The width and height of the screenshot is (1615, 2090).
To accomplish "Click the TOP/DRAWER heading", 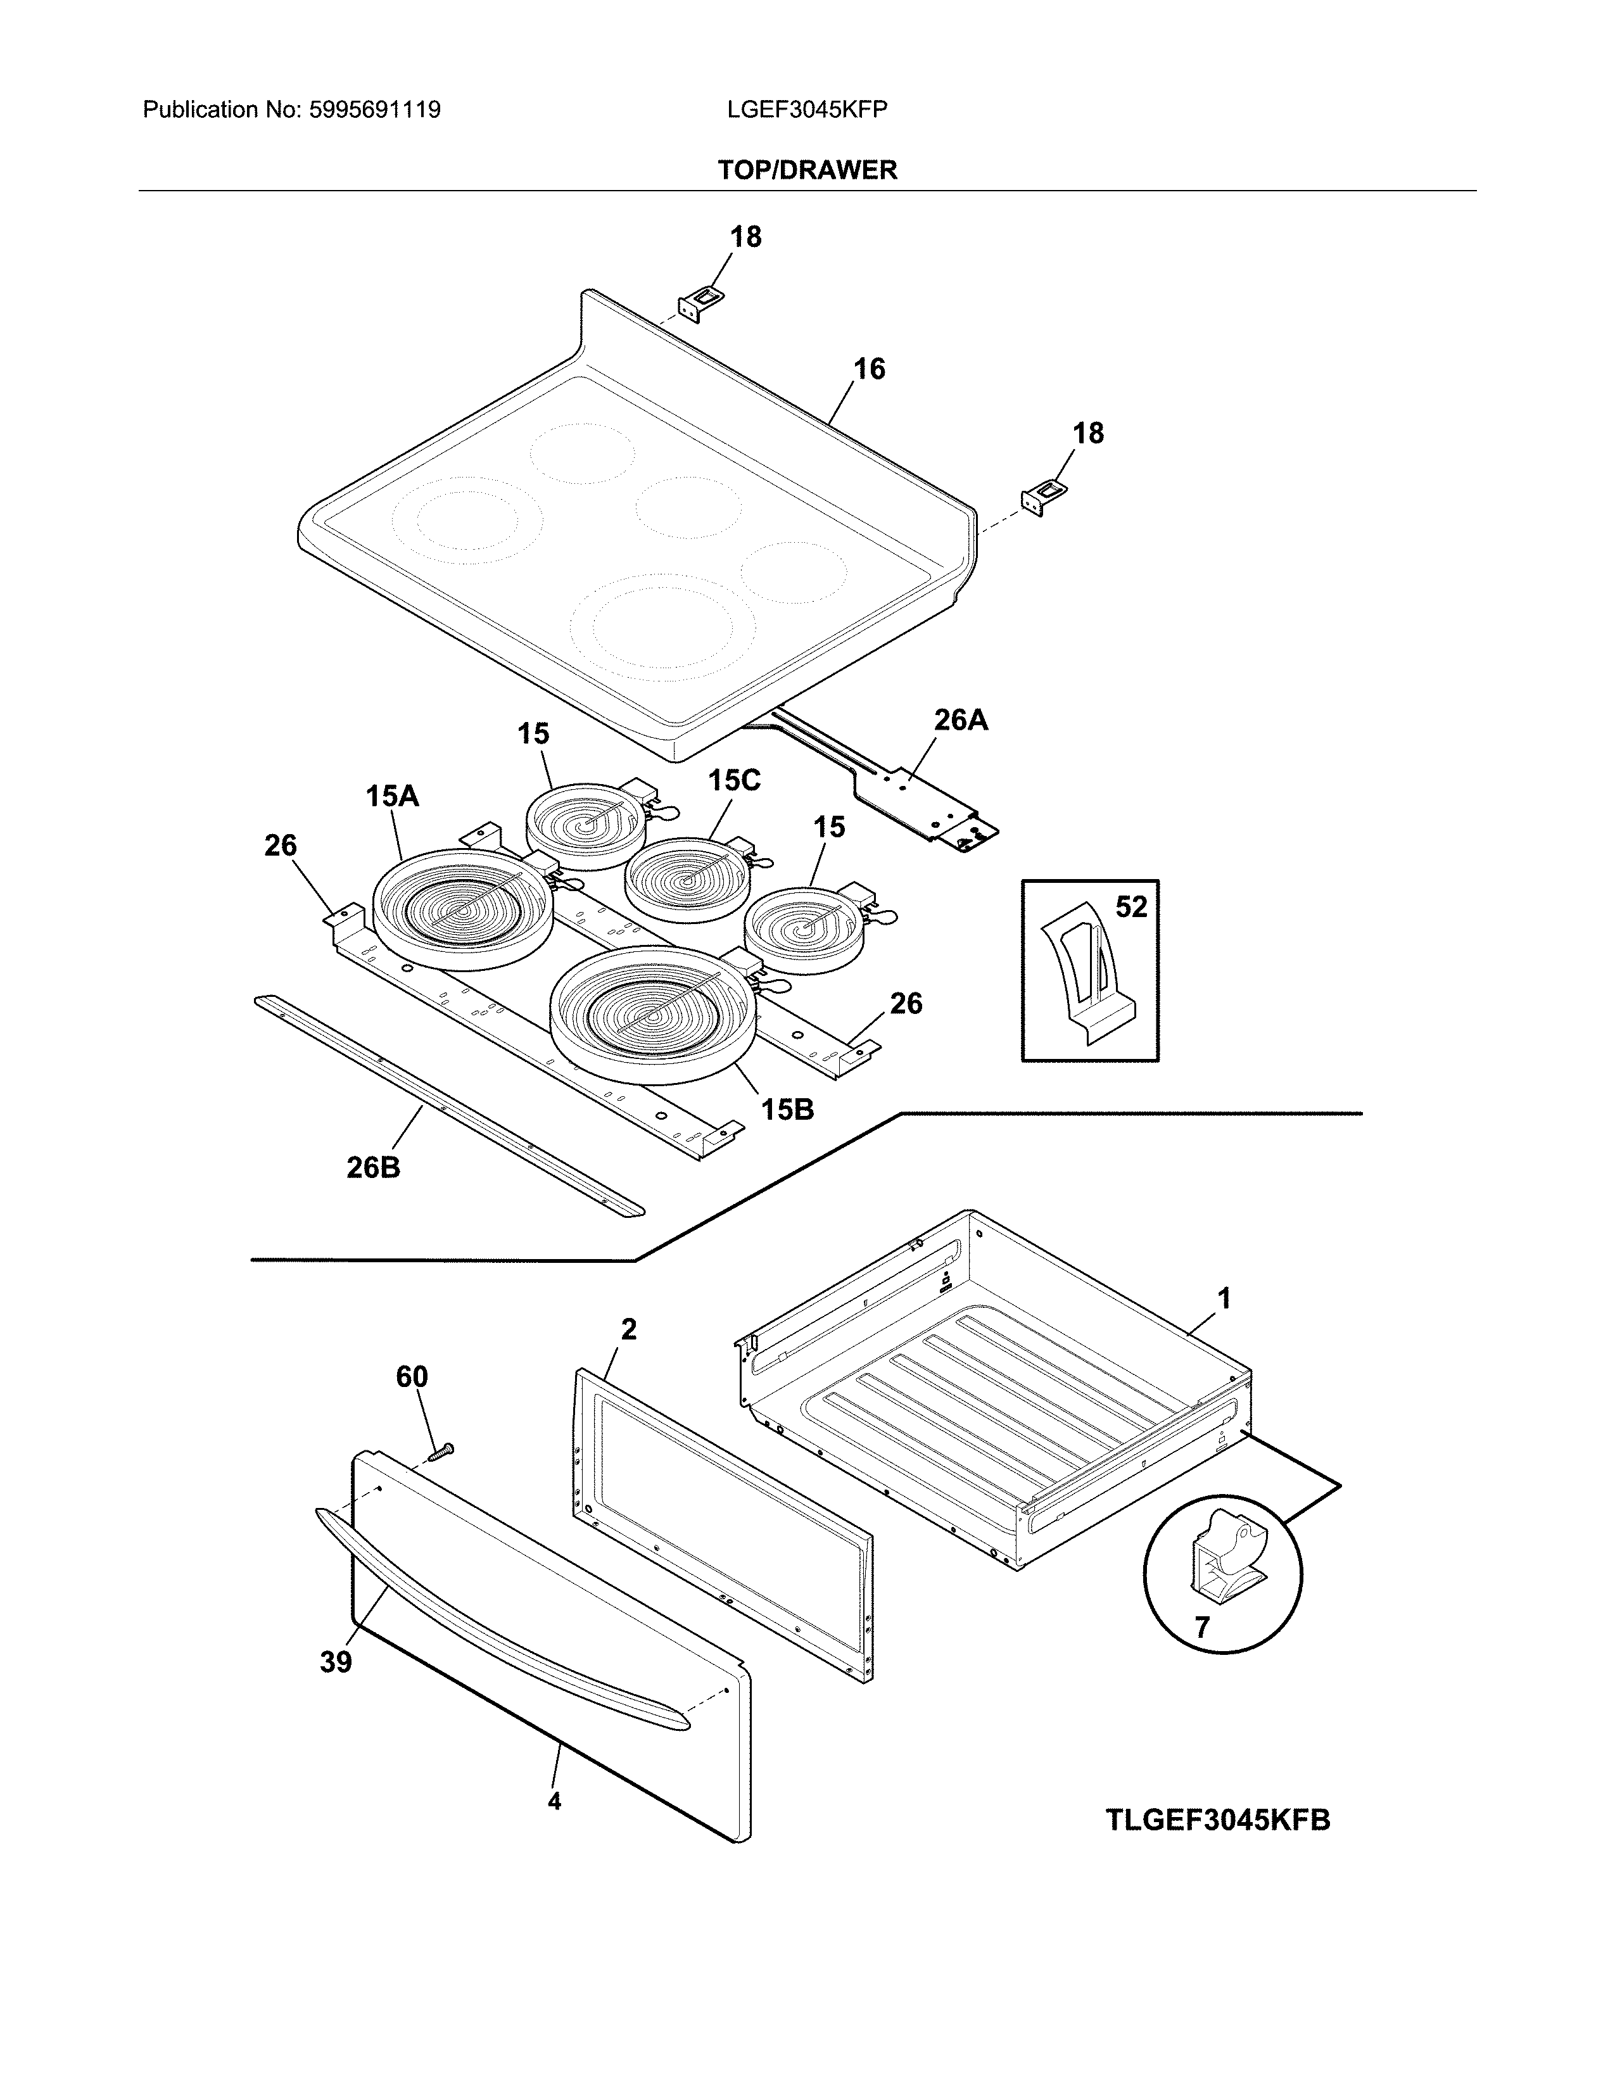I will pos(806,170).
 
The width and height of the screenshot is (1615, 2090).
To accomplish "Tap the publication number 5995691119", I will pos(374,110).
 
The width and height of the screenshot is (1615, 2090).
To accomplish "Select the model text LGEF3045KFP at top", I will pos(806,110).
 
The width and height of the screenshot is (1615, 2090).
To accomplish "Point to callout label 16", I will pos(869,369).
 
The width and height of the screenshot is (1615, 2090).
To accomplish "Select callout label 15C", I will pos(734,781).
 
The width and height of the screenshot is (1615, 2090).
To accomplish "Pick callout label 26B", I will pos(373,1167).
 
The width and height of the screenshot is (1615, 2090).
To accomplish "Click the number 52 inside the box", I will pos(1131,906).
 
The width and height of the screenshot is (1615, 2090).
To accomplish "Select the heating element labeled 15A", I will pos(461,909).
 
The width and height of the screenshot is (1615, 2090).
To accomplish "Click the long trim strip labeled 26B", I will pos(450,1105).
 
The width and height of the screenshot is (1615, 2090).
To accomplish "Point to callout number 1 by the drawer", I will pos(1223,1298).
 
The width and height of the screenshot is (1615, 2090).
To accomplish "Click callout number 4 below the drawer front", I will pos(554,1801).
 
